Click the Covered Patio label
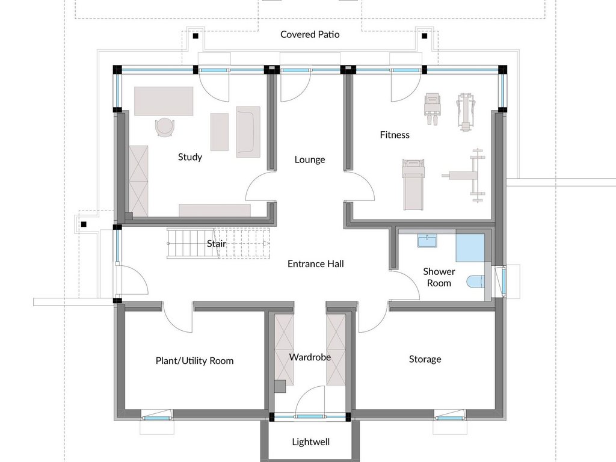pyautogui.click(x=310, y=34)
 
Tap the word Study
pyautogui.click(x=190, y=157)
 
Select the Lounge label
pyautogui.click(x=310, y=159)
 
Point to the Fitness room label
pyautogui.click(x=395, y=135)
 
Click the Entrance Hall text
pyautogui.click(x=315, y=263)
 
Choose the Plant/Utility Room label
pyautogui.click(x=194, y=361)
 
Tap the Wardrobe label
pyautogui.click(x=310, y=357)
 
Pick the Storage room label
pyautogui.click(x=425, y=359)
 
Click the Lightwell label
pyautogui.click(x=311, y=442)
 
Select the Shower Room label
pyautogui.click(x=439, y=277)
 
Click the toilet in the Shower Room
pyautogui.click(x=475, y=282)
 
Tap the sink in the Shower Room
pyautogui.click(x=427, y=241)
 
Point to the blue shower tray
pyautogui.click(x=470, y=248)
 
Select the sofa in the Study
pyautogui.click(x=248, y=132)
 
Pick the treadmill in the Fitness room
pyautogui.click(x=413, y=184)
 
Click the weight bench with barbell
pyautogui.click(x=466, y=175)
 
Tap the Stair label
pyautogui.click(x=217, y=244)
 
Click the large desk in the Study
pyautogui.click(x=164, y=101)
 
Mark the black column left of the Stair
pyautogui.click(x=117, y=227)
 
